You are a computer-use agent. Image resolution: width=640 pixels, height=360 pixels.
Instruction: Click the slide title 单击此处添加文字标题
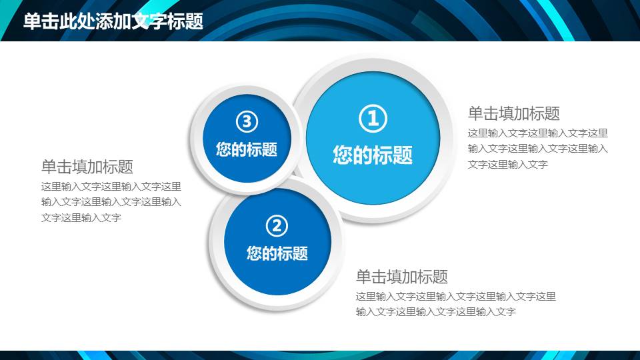(113, 21)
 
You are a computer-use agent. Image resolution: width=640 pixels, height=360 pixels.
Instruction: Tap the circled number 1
(373, 119)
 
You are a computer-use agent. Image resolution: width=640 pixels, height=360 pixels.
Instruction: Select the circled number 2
(277, 226)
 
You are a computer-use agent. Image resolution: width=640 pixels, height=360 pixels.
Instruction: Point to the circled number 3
(247, 121)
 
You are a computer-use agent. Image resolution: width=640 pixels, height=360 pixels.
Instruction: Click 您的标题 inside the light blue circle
(373, 155)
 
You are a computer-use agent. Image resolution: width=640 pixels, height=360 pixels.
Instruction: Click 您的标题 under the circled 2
(277, 253)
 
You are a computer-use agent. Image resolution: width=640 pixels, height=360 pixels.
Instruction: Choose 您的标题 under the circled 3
(247, 149)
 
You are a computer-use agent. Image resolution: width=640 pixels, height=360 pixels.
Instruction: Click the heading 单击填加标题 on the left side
(87, 167)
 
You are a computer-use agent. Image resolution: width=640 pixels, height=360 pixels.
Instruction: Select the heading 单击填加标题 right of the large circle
(513, 113)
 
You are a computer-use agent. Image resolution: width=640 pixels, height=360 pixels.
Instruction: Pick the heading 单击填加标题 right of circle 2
(402, 276)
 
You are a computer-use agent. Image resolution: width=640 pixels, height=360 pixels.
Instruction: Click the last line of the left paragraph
(81, 217)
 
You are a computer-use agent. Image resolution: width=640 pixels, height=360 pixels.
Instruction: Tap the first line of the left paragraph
(111, 187)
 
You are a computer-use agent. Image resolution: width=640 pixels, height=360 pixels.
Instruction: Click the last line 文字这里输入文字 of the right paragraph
(508, 165)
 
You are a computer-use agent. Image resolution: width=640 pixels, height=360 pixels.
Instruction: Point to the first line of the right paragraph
(537, 133)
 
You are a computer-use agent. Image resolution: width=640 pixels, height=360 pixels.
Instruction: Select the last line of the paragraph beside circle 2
(436, 312)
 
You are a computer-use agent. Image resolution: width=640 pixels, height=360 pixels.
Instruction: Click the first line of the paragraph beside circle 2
(456, 296)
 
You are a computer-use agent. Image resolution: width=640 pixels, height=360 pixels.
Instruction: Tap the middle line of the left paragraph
(111, 202)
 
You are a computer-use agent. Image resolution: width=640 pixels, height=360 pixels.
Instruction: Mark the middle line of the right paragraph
(537, 149)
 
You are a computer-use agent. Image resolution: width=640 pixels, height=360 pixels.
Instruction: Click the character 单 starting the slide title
(32, 21)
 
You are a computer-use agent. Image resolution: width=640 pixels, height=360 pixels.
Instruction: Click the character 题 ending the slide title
(194, 21)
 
